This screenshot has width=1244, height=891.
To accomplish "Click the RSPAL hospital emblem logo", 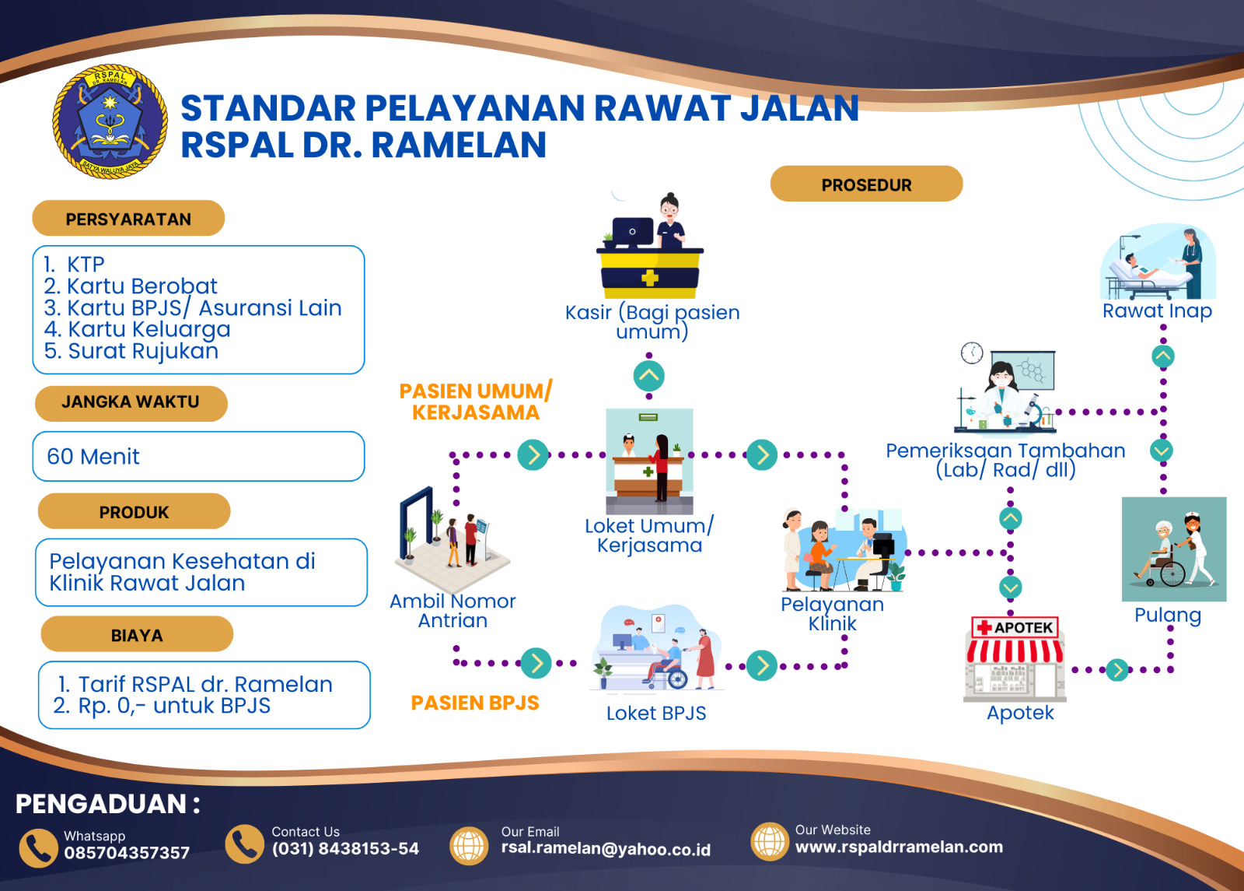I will pos(110,121).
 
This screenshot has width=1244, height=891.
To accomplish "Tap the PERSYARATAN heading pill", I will pos(128,219).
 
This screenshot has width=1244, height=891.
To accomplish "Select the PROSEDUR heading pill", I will pos(866,184).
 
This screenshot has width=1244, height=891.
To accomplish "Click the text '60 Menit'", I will pos(93,457).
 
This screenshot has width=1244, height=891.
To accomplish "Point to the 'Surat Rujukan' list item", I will pos(131,351).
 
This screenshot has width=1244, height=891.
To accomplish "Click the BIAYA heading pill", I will pos(137,635).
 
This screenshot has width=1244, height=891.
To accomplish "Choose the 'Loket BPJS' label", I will pos(656,714).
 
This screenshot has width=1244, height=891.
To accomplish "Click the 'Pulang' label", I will pos(1167,616).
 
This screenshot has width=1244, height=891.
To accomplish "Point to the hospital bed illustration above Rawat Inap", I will pos(1158,265).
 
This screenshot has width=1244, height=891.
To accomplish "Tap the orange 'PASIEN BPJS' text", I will pos(474,703).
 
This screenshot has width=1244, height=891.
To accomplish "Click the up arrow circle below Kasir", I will pos(649,377).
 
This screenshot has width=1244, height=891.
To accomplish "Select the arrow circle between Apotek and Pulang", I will pos(1117,669).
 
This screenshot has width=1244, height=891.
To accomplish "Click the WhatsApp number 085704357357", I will pos(127,853).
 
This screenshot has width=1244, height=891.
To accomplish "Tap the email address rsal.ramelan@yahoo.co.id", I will pos(606,849).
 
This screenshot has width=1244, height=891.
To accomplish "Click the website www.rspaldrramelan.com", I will pos(899,847).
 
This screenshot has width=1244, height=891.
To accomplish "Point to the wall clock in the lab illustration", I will pos(972,353).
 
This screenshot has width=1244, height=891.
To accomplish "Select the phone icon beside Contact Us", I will pos(244,844).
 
